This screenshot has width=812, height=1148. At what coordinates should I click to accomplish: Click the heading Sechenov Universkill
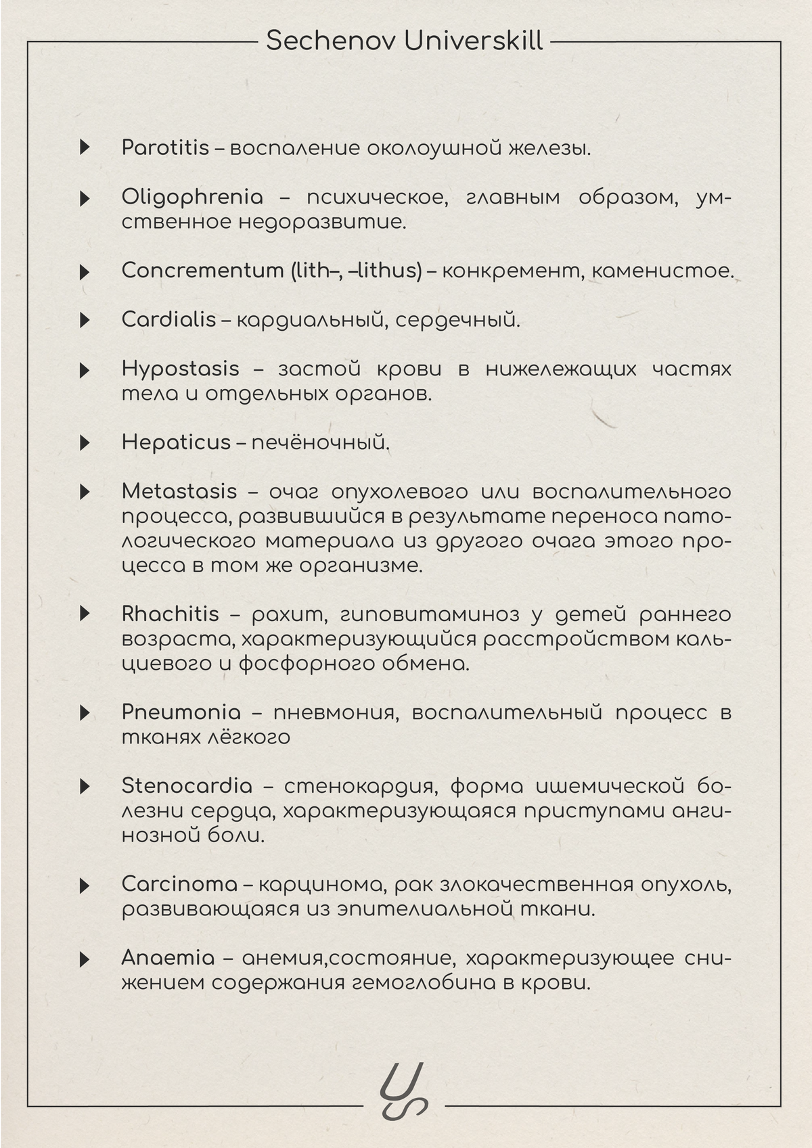click(x=405, y=41)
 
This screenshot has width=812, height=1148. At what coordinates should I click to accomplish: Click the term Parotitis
click(x=165, y=147)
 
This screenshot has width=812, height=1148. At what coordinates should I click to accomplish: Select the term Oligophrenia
click(x=192, y=198)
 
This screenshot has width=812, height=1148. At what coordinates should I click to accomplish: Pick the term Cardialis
click(x=168, y=319)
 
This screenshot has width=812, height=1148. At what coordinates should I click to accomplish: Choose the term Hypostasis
click(x=180, y=369)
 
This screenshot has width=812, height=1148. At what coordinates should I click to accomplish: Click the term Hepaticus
click(x=176, y=442)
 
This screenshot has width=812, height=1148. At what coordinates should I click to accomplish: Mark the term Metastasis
click(x=179, y=492)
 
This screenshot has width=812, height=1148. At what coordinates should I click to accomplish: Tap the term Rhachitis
click(x=170, y=614)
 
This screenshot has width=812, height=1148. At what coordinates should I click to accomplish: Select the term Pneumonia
click(x=181, y=712)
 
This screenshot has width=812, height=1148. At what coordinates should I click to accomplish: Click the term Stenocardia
click(x=187, y=786)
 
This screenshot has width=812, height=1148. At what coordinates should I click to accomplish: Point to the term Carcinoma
click(x=179, y=884)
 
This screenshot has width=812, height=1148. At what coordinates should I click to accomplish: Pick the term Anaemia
click(x=168, y=958)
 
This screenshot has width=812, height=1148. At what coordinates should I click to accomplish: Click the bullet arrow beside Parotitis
click(x=85, y=147)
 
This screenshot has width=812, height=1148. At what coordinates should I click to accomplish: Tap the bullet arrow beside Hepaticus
click(x=85, y=443)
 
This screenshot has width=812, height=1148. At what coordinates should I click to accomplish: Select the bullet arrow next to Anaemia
click(x=85, y=959)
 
